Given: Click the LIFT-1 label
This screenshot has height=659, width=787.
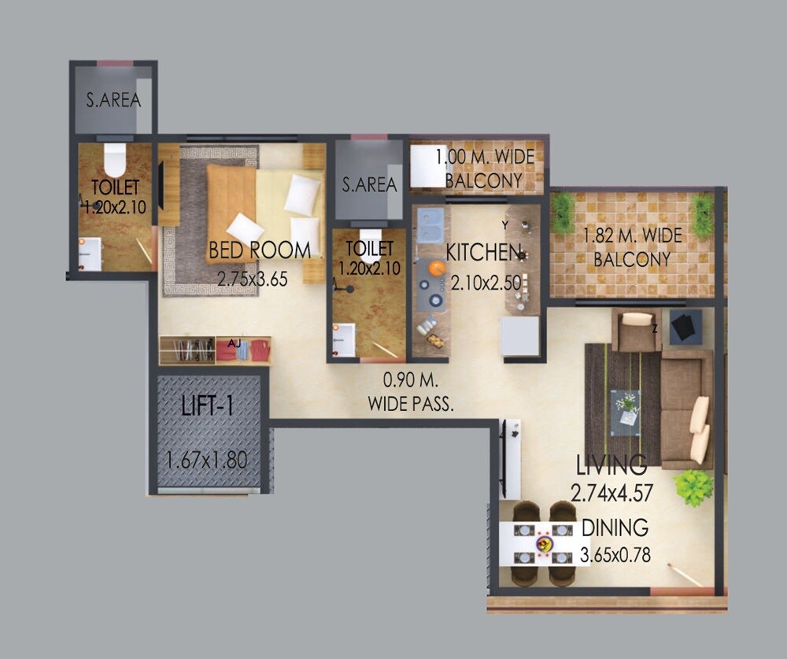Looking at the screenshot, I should click(207, 407).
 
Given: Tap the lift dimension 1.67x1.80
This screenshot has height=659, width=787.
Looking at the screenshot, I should click(207, 461).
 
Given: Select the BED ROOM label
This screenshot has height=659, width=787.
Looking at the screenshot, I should click(259, 251).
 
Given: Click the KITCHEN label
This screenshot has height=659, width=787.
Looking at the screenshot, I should click(484, 253).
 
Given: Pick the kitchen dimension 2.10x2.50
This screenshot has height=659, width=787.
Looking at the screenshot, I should click(486, 282).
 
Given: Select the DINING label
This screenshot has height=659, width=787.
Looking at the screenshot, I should click(615, 528).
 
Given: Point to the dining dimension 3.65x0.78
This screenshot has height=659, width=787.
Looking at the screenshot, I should click(615, 553).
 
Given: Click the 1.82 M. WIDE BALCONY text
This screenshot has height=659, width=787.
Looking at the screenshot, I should click(633, 246).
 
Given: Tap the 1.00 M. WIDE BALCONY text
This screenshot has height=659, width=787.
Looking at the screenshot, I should click(484, 168).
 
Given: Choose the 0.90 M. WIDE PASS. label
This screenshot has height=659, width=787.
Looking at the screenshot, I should click(410, 392).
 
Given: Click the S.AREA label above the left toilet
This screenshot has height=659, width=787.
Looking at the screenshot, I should click(113, 100).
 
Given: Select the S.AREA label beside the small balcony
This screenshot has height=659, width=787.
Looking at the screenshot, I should click(369, 185).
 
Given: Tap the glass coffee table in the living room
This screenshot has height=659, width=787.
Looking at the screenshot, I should click(626, 411).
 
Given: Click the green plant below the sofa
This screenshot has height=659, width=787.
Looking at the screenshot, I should click(693, 487).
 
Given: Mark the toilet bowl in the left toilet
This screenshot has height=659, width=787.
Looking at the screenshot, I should click(115, 161).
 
